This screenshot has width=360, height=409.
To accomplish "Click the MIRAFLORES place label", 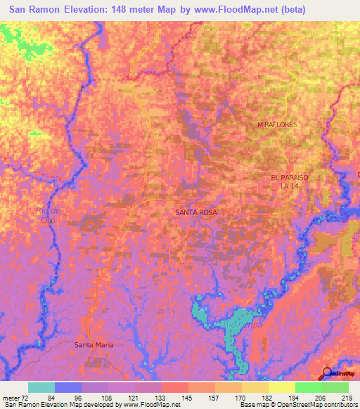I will (x=278, y=124).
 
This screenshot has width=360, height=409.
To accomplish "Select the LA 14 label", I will (x=290, y=186).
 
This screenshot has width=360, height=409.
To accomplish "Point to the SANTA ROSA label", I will (x=196, y=212).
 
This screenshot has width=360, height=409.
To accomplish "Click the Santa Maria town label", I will (x=94, y=345).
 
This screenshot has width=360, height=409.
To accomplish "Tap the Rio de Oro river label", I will (x=48, y=215).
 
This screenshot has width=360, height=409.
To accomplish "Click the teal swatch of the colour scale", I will (x=41, y=387).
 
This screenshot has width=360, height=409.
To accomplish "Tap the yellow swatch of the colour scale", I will (x=281, y=387).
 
